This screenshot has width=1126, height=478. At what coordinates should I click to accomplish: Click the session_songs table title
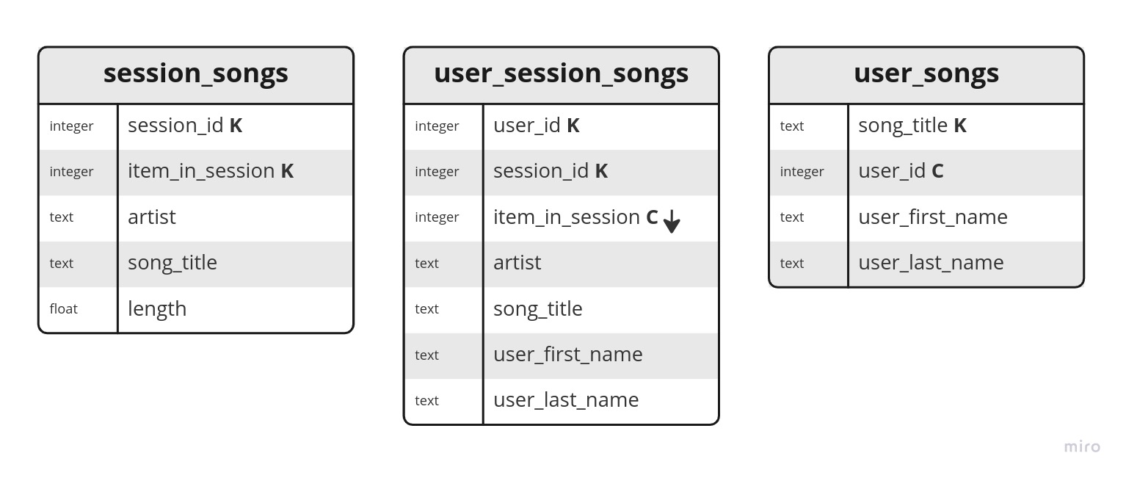coord(195,74)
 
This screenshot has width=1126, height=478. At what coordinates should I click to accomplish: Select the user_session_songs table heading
coord(561,74)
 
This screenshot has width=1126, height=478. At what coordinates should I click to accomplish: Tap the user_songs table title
coord(926,74)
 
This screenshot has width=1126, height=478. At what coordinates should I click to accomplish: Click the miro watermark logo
coord(1082,446)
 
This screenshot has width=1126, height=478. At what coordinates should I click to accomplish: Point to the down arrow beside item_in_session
coord(672,221)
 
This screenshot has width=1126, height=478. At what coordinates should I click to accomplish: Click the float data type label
coord(63,308)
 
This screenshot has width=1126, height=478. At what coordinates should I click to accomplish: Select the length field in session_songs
coord(157,309)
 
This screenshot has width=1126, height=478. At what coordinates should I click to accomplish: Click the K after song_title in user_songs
coord(960,126)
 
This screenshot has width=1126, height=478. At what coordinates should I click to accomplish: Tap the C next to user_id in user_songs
coord(937,171)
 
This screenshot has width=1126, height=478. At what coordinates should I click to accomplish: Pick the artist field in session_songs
coord(151,217)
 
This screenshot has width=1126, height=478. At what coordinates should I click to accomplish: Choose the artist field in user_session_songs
coord(517,263)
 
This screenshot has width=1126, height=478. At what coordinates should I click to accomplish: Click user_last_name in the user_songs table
coord(931,263)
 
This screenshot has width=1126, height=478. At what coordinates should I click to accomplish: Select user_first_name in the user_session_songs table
coord(567,355)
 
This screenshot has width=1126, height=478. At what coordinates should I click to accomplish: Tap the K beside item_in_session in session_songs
coord(287,171)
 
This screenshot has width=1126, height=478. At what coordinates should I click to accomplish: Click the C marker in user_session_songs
coord(652,217)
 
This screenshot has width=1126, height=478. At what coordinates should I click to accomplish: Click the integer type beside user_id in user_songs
coord(802,172)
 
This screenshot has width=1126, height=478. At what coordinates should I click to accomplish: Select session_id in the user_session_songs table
coord(541,171)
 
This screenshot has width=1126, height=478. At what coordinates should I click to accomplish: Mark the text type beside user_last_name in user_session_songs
coord(426,401)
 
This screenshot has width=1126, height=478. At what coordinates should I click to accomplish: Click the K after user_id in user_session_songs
coord(573,126)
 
